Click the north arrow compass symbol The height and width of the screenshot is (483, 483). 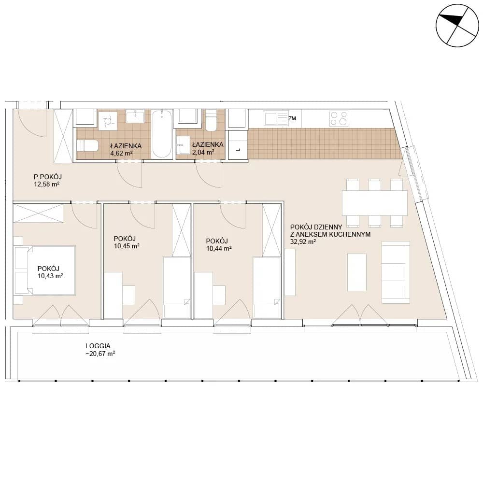(457, 26)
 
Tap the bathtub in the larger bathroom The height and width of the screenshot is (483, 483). (162, 134)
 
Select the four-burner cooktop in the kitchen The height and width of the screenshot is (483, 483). (339, 119)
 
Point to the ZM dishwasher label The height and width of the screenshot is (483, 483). (292, 118)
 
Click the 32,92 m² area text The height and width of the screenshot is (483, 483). (303, 242)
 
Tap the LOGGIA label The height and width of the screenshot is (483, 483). (98, 346)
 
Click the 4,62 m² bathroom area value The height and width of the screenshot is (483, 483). (121, 153)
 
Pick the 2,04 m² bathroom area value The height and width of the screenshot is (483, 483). (203, 152)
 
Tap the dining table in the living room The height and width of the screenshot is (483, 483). (375, 203)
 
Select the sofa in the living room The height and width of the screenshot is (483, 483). (396, 272)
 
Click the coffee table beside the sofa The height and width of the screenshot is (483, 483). (357, 272)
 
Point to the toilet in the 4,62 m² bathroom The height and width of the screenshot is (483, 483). (87, 146)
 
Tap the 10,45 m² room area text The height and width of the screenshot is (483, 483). (127, 246)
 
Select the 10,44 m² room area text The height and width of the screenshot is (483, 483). (219, 248)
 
